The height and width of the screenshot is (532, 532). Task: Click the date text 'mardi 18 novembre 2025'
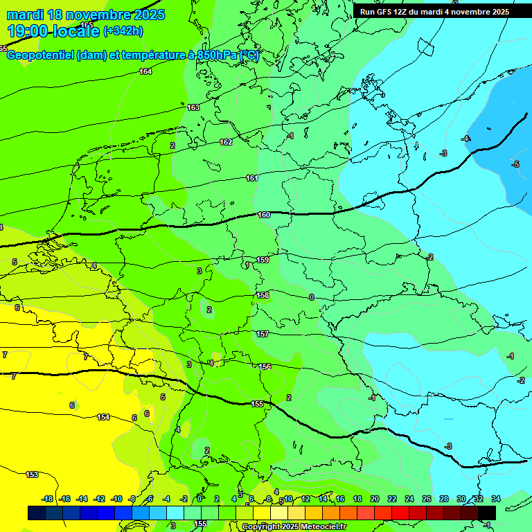[85, 15]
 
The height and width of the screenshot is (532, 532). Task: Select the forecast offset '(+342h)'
[123, 31]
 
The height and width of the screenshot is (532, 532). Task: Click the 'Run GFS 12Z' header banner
[434, 12]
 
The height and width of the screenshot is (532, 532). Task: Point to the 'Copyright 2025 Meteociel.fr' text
[294, 526]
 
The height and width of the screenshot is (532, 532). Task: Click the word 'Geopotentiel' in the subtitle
[40, 55]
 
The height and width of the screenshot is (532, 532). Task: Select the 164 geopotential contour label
[145, 71]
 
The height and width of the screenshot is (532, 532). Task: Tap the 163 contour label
[193, 107]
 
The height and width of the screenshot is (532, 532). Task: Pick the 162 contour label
[226, 142]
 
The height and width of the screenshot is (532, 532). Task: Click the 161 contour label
[252, 178]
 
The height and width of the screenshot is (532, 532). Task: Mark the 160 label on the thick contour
[263, 215]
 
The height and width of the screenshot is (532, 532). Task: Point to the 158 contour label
[263, 295]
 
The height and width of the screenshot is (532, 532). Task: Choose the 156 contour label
[265, 366]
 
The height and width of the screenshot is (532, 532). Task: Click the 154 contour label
[103, 417]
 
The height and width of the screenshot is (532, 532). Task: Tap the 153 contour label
[32, 475]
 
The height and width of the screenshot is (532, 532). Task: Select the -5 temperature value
[515, 164]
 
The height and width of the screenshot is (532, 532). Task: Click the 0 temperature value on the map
[312, 297]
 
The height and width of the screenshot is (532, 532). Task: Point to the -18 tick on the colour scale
[48, 499]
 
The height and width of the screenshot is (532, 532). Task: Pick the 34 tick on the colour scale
[495, 499]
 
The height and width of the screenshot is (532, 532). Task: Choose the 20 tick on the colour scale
[374, 499]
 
